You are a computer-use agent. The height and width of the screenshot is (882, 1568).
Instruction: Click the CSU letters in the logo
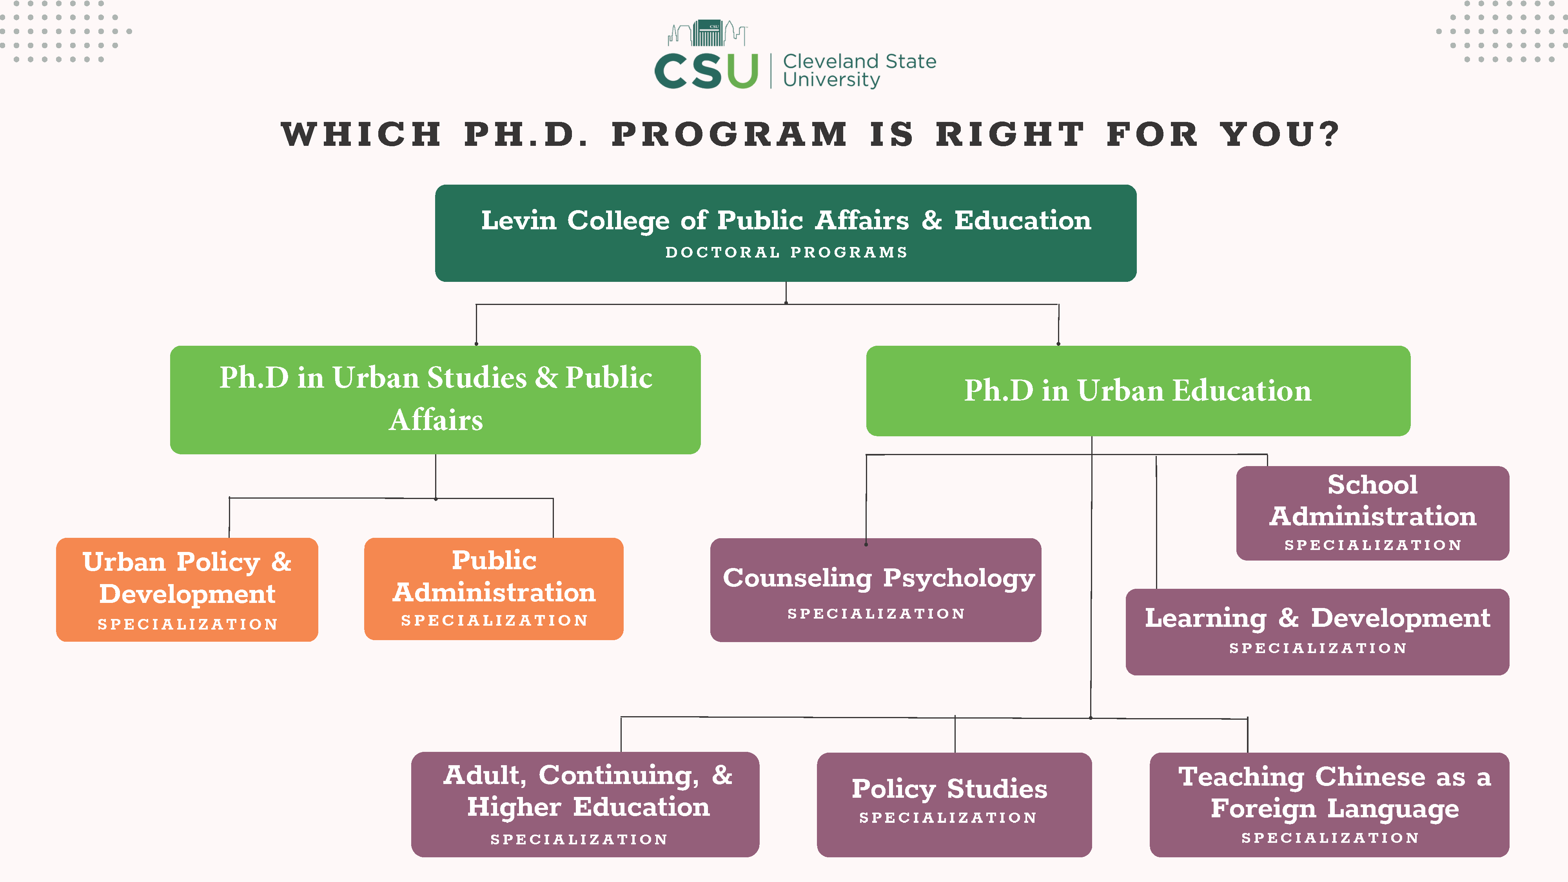(x=706, y=71)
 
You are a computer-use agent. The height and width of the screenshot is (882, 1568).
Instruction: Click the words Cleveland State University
(x=859, y=70)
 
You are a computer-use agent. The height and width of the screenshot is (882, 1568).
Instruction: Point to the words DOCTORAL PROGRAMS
(x=786, y=252)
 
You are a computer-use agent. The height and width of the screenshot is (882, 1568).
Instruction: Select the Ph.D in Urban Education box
(x=1138, y=391)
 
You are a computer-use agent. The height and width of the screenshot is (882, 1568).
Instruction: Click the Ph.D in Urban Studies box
(x=435, y=399)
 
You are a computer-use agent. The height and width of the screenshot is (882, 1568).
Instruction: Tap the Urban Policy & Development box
(x=187, y=589)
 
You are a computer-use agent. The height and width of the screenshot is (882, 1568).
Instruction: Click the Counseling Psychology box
(x=875, y=589)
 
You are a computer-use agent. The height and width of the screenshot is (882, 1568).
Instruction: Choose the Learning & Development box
(x=1317, y=631)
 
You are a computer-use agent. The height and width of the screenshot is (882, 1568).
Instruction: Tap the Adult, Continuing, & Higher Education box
(x=585, y=804)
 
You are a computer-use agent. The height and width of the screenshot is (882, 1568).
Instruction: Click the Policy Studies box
(x=954, y=804)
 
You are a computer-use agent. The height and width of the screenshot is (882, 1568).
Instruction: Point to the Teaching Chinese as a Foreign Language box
(x=1329, y=804)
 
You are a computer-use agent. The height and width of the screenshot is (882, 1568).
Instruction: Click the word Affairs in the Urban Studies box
(x=436, y=420)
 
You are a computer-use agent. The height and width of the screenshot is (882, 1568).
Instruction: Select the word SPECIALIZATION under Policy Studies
(x=948, y=817)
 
